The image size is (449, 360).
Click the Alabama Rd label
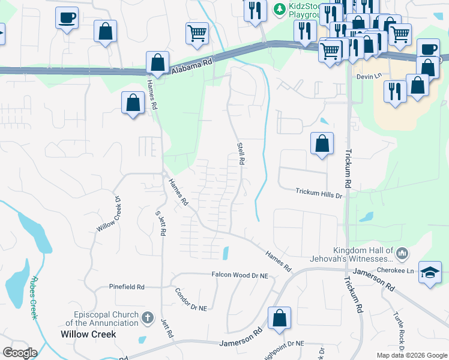tap(192, 65)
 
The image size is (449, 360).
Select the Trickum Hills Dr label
tap(318, 192)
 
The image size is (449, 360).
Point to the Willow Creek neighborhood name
tap(88, 334)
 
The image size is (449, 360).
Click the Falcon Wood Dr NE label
tap(239, 274)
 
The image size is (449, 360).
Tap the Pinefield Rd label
tap(127, 287)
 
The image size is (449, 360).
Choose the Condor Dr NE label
tap(190, 299)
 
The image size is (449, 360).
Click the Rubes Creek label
tap(34, 296)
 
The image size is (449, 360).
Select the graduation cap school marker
tap(430, 272)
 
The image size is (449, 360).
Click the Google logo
tap(20, 353)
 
